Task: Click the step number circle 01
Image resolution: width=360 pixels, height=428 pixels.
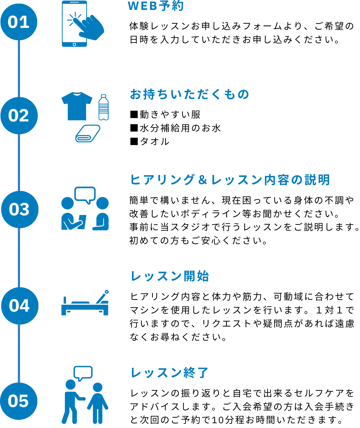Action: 19,22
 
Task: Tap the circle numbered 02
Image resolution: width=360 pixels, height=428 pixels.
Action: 19,115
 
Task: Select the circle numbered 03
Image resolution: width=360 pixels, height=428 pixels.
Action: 19,209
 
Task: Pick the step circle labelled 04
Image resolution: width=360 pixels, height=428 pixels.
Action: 19,306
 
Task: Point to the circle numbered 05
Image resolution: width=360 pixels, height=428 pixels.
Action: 19,401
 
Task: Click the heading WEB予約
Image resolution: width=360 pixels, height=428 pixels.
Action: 155,6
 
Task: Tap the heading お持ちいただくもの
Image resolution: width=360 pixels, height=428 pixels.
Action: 190,94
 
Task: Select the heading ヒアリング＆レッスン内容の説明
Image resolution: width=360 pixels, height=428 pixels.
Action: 230,180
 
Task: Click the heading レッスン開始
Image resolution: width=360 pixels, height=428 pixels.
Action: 169,276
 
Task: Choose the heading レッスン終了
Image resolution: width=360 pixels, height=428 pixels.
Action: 169,373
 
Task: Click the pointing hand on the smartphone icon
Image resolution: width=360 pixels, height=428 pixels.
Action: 90,27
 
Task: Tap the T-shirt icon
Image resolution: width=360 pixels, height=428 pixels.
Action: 77,106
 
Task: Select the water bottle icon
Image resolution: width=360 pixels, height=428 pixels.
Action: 103,107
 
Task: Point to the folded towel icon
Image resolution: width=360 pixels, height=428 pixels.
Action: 88,133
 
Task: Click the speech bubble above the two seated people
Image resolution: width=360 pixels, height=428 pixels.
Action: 85,194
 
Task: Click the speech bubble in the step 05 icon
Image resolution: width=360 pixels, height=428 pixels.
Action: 83,373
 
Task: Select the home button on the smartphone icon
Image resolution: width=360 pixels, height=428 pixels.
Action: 74,44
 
